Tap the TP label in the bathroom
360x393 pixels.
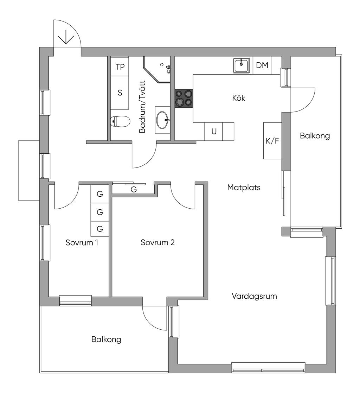pyautogui.click(x=120, y=67)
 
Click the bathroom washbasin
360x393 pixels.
pyautogui.click(x=162, y=120)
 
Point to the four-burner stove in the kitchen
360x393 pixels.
pyautogui.click(x=184, y=98)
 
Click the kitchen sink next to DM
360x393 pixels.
pyautogui.click(x=241, y=65)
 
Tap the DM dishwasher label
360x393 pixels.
pyautogui.click(x=262, y=65)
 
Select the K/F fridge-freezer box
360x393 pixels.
pyautogui.click(x=272, y=141)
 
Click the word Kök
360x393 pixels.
pyautogui.click(x=239, y=98)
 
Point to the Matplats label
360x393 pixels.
pyautogui.click(x=244, y=188)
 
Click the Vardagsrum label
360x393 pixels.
pyautogui.click(x=254, y=296)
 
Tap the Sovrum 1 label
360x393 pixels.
pyautogui.click(x=82, y=243)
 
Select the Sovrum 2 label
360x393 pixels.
pyautogui.click(x=157, y=242)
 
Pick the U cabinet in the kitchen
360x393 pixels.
pyautogui.click(x=214, y=132)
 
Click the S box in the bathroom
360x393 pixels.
pyautogui.click(x=120, y=93)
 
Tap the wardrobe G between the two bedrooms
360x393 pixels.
pyautogui.click(x=134, y=189)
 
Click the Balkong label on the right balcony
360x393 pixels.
pyautogui.click(x=315, y=136)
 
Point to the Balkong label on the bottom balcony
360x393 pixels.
pyautogui.click(x=106, y=340)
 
